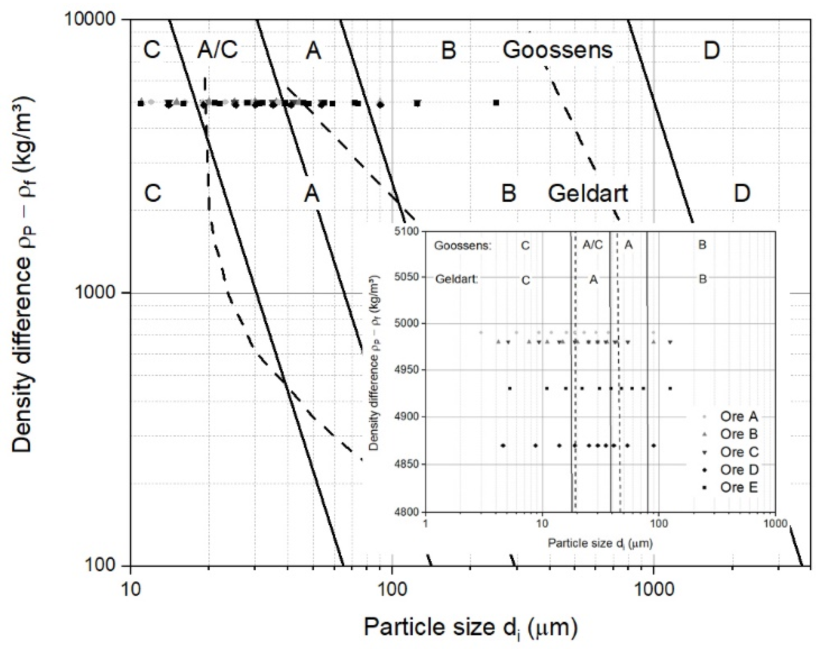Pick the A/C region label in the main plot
coord(217,50)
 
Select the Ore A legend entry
coord(738,416)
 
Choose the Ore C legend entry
coord(739,452)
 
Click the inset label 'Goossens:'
coord(463,246)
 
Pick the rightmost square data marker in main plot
coord(496,102)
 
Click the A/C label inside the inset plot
coord(592,245)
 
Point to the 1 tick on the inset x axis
coord(425,524)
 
